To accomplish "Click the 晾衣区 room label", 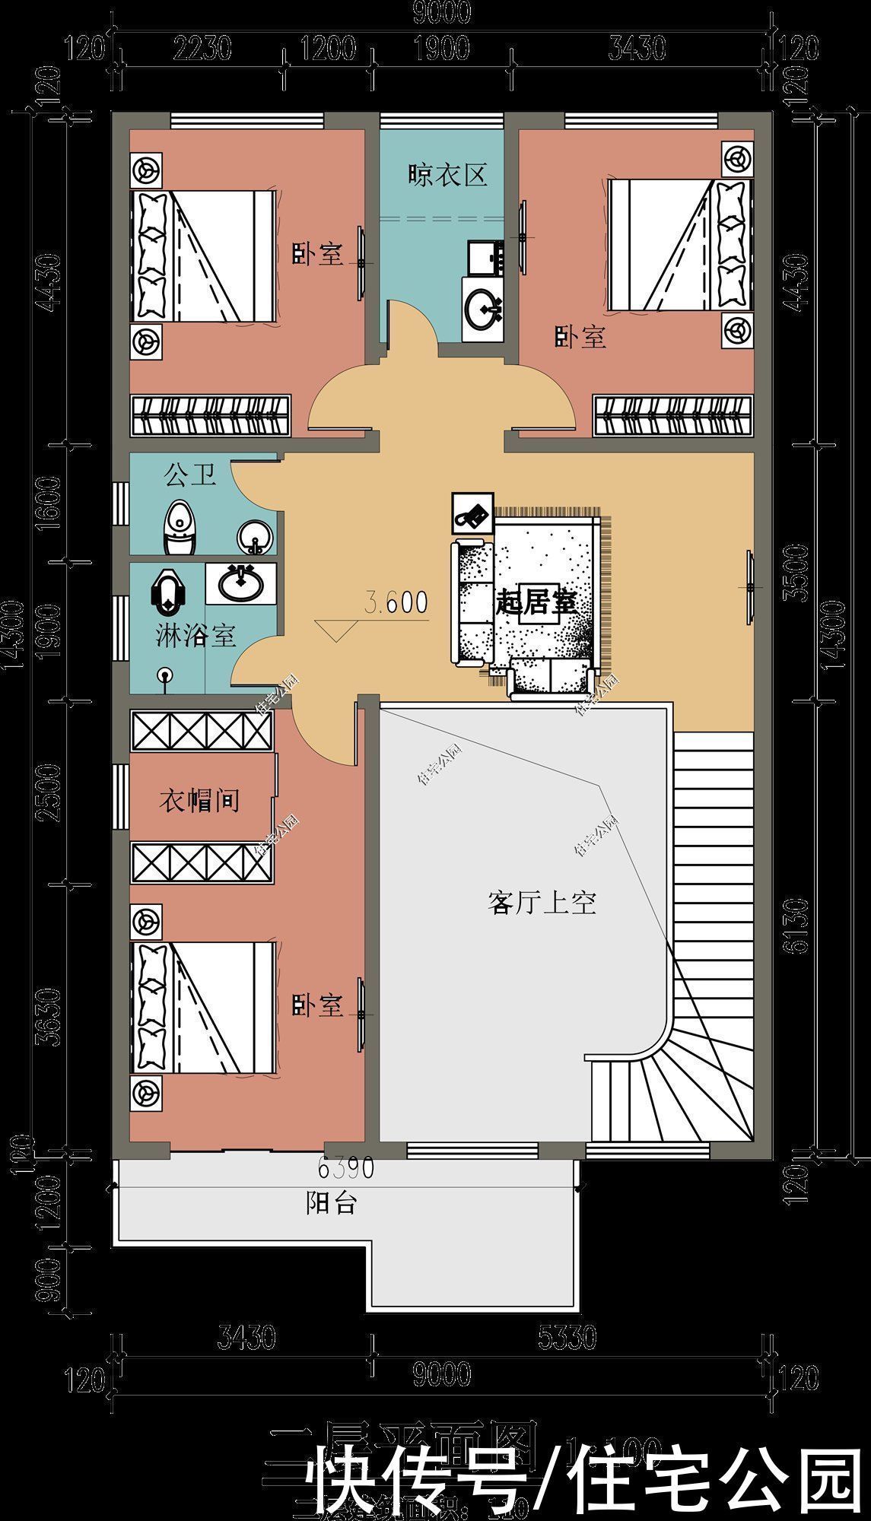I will coord(447,176).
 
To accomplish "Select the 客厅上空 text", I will coord(541,903).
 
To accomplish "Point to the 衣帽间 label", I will coord(199,799).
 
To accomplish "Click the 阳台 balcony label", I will coord(332,1203).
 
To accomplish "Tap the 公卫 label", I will coord(190,476).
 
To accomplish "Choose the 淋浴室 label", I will coord(195,635).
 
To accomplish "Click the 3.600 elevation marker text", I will coord(396,602).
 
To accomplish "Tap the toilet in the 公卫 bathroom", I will coord(180,526).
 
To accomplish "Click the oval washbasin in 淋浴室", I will coord(241,583).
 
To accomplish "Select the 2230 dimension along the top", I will coord(202,49).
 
